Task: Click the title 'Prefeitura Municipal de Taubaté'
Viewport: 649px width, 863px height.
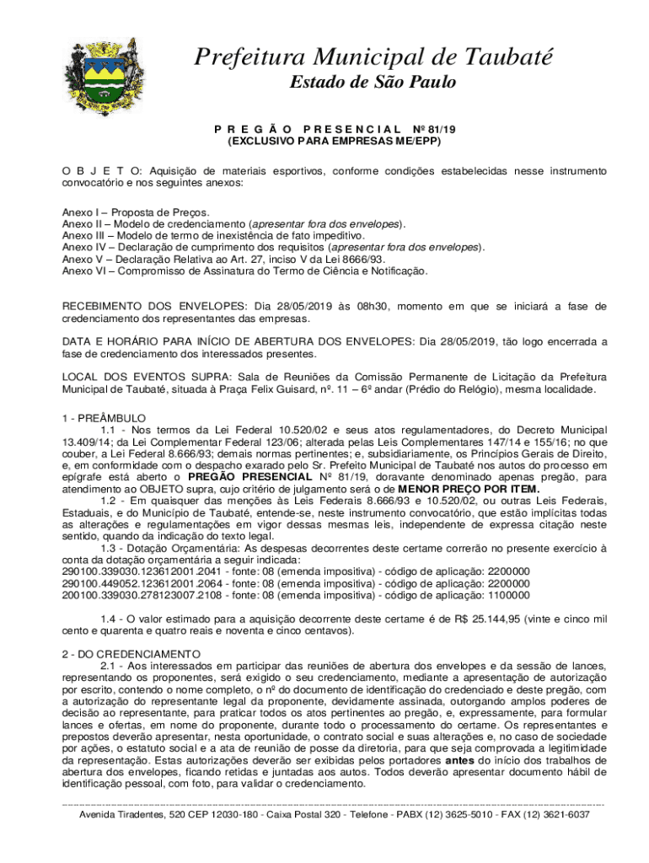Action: coord(373,57)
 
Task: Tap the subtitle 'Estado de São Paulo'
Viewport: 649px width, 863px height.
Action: coord(373,82)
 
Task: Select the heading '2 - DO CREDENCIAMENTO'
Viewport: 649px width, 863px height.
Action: coord(131,654)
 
